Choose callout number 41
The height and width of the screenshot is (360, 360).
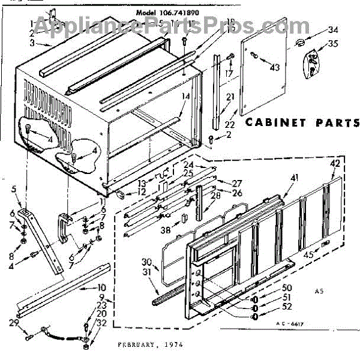(x=294, y=178)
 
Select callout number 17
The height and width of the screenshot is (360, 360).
(x=229, y=73)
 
